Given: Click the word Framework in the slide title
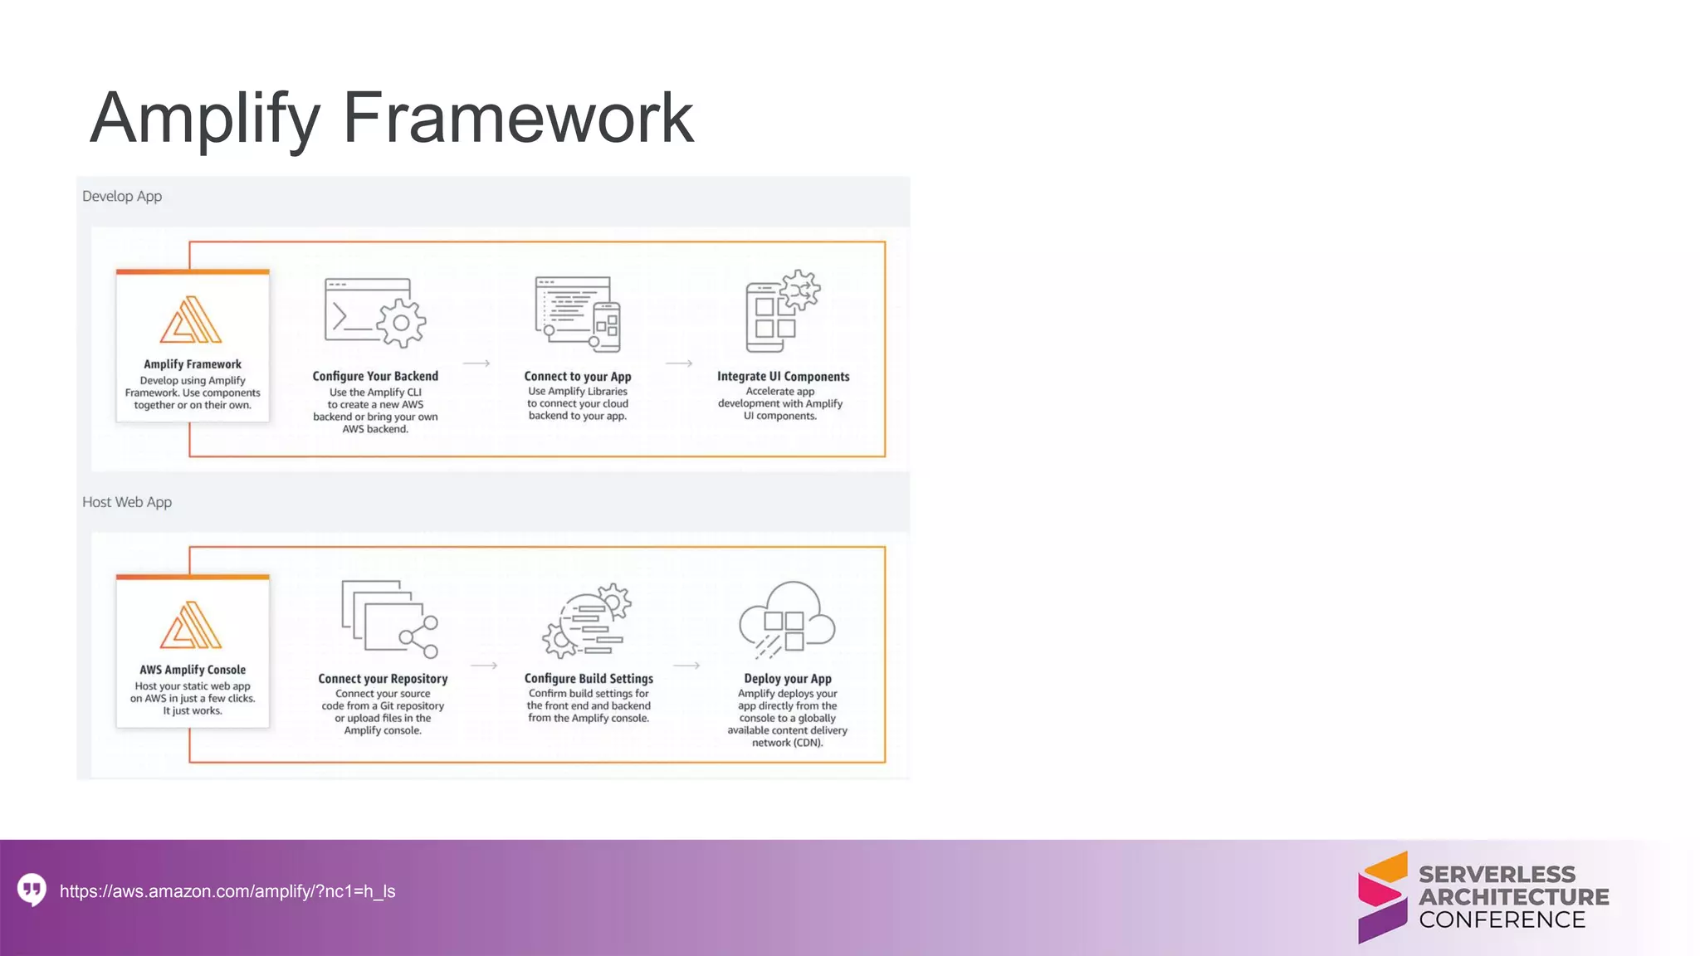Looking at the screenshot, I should pos(518,118).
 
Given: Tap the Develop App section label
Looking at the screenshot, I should pos(122,197).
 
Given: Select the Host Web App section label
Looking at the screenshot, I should pos(127,502).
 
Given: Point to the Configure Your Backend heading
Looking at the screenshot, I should pos(375,376).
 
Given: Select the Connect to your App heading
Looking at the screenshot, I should pos(578,376).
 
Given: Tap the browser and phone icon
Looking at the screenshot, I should pos(578,314).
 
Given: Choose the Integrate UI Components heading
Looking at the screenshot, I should pos(783,376).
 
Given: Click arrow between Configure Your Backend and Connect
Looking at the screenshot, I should pos(476,363).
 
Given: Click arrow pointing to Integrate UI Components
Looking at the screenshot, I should pos(679,363).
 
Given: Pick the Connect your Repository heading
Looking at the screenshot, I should pos(383,679).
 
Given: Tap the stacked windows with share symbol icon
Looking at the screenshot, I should pos(389,619).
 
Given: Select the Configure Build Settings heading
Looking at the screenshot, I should pos(589,679).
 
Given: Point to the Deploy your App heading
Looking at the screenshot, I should pos(788,679).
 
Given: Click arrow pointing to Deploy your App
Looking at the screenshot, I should pos(686,666).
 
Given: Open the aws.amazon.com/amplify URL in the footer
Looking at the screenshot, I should pos(227,891).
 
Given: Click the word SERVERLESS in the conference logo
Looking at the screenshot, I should pos(1497,875).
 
